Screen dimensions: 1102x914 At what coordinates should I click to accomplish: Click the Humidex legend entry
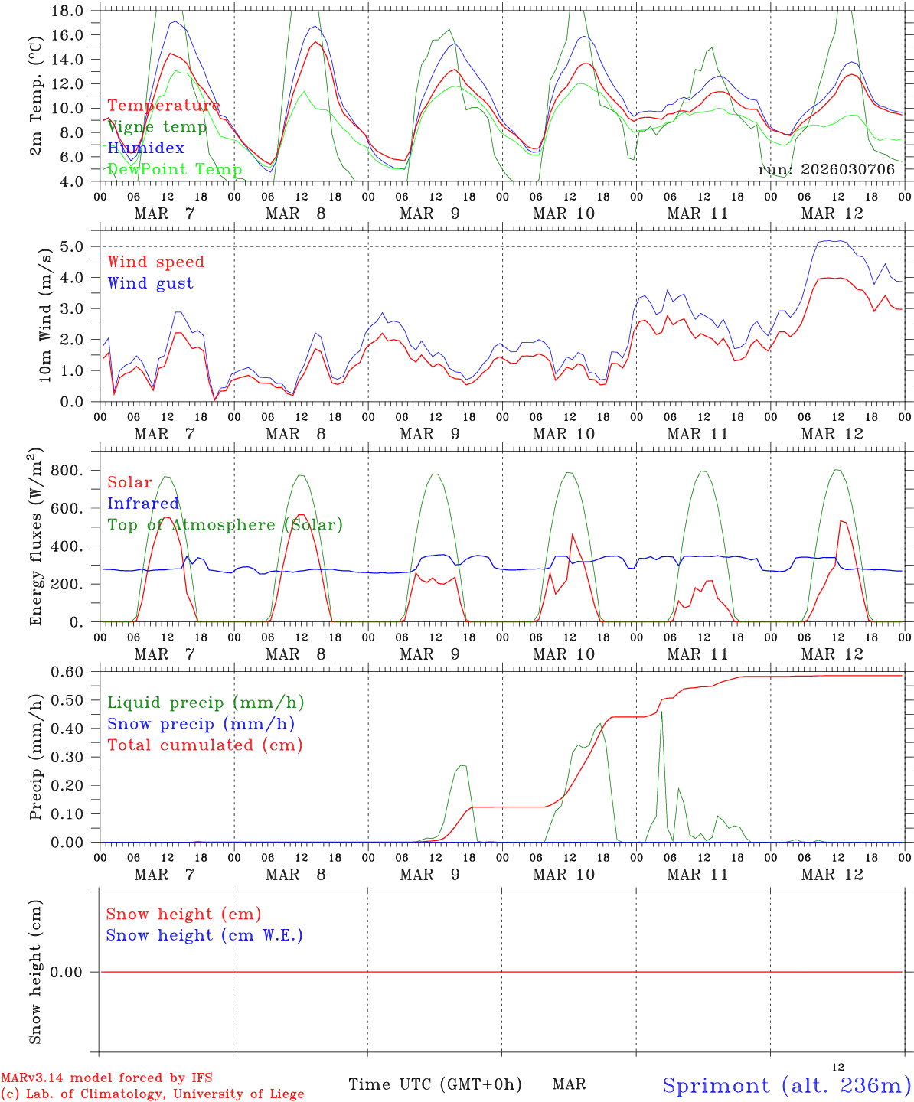tap(145, 148)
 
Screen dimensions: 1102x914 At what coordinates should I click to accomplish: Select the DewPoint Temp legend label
tap(175, 169)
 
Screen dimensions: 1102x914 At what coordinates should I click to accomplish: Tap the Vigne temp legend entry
tap(157, 127)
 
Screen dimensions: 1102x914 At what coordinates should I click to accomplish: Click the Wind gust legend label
tap(150, 283)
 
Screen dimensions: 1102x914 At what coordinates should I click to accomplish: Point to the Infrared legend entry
tap(143, 504)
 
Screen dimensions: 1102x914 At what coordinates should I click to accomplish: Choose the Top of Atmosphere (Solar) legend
tap(224, 525)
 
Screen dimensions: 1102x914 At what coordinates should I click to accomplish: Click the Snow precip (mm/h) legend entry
tap(201, 724)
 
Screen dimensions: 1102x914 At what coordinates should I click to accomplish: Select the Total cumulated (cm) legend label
tap(204, 745)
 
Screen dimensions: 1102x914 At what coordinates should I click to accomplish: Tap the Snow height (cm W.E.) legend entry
tap(204, 935)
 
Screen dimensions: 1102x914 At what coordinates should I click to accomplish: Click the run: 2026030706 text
tap(826, 170)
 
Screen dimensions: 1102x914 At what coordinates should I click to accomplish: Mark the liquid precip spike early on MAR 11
tap(661, 712)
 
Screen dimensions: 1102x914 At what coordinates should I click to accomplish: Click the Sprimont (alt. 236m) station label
tap(786, 1085)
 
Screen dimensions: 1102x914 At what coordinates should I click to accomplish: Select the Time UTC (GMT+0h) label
tap(435, 1084)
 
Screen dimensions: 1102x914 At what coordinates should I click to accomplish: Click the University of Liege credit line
tap(152, 1094)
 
